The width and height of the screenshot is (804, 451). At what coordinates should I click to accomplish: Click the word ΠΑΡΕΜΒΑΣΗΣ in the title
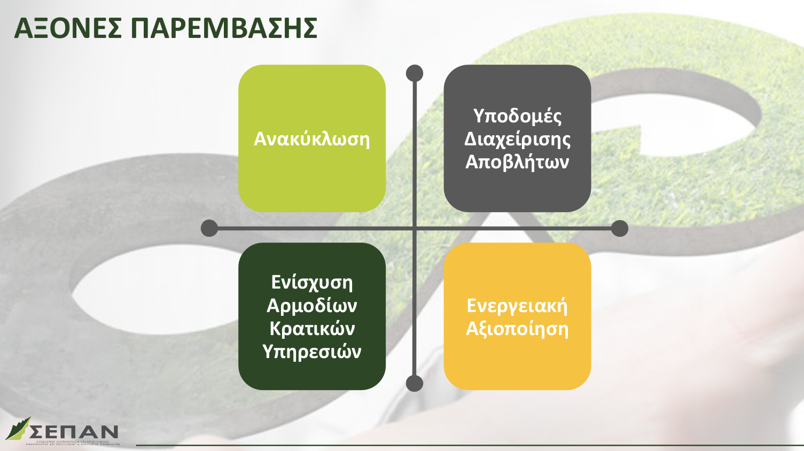[x=224, y=28]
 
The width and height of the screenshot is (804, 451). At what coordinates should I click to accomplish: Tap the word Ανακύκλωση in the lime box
[x=311, y=139]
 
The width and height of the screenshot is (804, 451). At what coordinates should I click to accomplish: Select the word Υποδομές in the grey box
[x=517, y=116]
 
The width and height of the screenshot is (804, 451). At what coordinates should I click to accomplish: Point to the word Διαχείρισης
[x=517, y=139]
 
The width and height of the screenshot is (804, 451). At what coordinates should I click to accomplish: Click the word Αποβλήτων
[x=517, y=161]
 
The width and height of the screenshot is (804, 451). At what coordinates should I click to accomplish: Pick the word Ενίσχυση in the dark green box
[x=311, y=282]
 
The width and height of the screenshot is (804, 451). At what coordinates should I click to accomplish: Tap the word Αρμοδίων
[x=311, y=305]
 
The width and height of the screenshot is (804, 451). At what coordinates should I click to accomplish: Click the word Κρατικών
[x=311, y=328]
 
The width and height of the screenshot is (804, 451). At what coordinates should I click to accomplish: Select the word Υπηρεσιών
[x=311, y=351]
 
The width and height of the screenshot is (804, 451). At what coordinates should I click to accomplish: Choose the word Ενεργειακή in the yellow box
[x=517, y=305]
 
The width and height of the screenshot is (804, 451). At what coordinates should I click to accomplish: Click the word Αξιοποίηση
[x=517, y=328]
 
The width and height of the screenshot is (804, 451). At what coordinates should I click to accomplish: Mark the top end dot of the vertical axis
[x=415, y=73]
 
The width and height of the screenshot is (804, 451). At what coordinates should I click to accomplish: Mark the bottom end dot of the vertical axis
[x=415, y=383]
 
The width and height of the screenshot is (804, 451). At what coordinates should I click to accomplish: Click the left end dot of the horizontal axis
[x=209, y=228]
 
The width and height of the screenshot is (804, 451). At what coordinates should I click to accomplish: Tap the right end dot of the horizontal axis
[x=620, y=228]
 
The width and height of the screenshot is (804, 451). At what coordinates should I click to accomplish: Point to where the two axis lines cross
[x=415, y=228]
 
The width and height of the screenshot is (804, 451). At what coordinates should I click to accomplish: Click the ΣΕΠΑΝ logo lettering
[x=75, y=431]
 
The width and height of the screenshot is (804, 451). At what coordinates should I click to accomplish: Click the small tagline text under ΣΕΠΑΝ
[x=73, y=443]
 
